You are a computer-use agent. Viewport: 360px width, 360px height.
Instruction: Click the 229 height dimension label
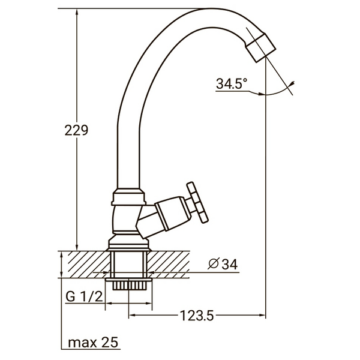[77, 130]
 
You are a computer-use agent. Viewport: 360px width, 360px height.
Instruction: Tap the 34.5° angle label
[232, 85]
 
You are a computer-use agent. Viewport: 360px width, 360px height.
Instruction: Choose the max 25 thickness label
[93, 343]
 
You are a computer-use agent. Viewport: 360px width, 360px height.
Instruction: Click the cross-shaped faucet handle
[196, 202]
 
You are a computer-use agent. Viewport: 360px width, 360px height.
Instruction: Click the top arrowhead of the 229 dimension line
[77, 14]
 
